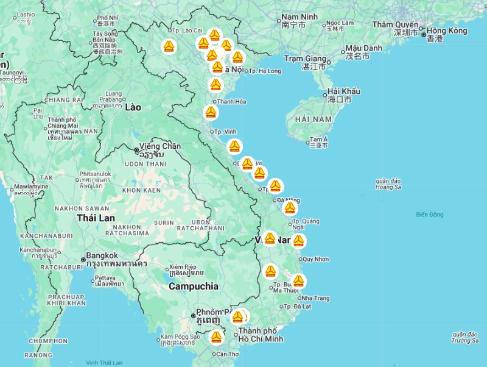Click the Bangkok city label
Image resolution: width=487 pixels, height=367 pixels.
point(104,255)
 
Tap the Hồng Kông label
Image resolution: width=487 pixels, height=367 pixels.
point(447,30)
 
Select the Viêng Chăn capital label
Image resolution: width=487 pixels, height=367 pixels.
point(160,146)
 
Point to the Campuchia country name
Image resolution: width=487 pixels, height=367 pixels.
point(193,286)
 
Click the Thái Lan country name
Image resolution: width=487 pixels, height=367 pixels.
point(96,218)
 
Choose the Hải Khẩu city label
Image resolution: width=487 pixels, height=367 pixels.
point(343,91)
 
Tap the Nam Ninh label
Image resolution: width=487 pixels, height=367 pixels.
point(300,16)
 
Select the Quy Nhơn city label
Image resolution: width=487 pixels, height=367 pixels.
point(315,259)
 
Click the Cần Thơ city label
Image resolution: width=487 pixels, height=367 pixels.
point(226,354)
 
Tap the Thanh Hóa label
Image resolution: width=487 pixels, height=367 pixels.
point(231,102)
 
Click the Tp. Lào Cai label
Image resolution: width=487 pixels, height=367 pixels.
point(187,30)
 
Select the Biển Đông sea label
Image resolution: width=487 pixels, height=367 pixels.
point(430,215)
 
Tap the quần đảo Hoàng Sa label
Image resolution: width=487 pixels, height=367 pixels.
point(388,184)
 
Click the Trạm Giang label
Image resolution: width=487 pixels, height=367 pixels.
point(306,59)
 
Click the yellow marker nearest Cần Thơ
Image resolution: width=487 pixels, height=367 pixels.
point(216,337)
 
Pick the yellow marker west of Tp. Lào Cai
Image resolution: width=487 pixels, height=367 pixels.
point(169,46)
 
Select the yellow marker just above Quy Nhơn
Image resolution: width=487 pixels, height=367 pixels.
point(298,241)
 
